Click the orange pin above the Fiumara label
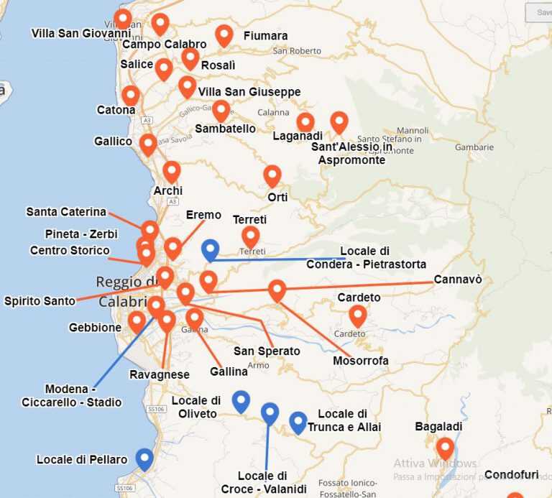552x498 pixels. (224, 34)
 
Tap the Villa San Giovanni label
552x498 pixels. (75, 33)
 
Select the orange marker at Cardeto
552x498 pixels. (357, 315)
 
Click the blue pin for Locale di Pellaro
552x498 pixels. (144, 458)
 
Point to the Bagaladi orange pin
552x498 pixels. (445, 448)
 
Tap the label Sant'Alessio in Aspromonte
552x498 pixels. (351, 153)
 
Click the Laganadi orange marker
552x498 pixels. (305, 121)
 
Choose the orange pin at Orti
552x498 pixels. (272, 175)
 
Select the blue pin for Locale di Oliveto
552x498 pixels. (241, 400)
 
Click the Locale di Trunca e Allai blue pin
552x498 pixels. (298, 422)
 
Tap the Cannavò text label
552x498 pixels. (458, 280)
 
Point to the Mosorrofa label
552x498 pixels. (361, 361)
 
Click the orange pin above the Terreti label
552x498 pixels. (250, 236)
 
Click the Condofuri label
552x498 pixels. (511, 474)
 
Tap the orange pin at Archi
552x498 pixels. (171, 171)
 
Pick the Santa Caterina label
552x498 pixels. (66, 212)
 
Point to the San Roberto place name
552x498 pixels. (297, 51)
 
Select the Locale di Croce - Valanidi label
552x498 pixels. (264, 482)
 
